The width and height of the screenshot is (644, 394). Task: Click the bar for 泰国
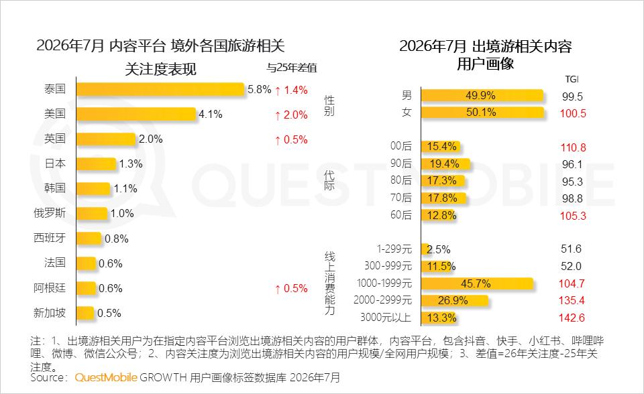(160, 89)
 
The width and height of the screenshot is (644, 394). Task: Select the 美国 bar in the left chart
(136, 114)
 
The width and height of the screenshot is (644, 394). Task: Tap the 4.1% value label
(210, 114)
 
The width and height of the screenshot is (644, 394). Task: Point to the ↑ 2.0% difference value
(291, 115)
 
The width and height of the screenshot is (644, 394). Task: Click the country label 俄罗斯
(49, 213)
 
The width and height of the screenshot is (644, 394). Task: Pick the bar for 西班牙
(89, 239)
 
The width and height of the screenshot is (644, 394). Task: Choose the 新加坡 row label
(49, 313)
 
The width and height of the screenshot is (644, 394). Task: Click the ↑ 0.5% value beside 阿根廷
(291, 289)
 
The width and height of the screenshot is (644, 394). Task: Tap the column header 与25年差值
(292, 68)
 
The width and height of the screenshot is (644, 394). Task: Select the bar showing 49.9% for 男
(482, 95)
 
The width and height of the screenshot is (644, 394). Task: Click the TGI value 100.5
(573, 113)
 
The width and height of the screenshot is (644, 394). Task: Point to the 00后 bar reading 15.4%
(441, 147)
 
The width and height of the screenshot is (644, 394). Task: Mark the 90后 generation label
(401, 163)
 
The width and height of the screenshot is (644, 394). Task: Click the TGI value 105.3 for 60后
(573, 216)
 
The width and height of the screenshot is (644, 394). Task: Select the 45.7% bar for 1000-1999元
(477, 283)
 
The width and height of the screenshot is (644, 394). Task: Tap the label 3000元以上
(386, 318)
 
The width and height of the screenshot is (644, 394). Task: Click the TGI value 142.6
(572, 318)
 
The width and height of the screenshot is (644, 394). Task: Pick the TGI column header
(572, 79)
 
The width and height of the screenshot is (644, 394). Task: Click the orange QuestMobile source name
(106, 378)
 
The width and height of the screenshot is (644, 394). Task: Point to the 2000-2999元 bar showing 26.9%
(455, 301)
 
